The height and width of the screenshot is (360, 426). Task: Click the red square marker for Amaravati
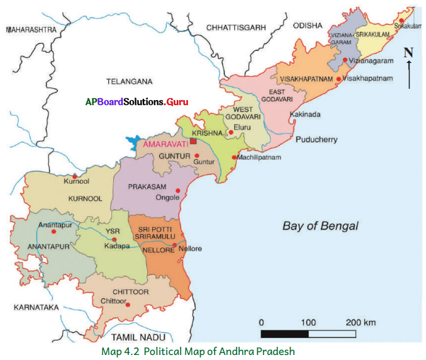coord(194,142)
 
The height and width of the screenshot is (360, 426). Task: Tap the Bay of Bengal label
coord(320,226)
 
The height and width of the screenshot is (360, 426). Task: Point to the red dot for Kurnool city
coord(76,176)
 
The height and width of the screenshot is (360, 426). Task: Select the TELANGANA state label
coord(128,82)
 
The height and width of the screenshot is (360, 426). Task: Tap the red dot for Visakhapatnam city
coord(339,79)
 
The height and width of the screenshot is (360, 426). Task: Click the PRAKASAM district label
coord(147,187)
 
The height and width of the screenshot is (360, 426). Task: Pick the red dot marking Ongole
coord(178,190)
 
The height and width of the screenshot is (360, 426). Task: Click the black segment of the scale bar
coord(284,334)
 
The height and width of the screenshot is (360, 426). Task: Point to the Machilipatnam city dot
coord(233,157)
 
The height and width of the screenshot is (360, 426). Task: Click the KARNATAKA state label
coord(30,307)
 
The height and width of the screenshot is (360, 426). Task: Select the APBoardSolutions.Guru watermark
coord(137,101)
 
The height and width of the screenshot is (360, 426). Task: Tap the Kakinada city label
coord(305,115)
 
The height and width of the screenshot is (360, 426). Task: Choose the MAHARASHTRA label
coord(30,29)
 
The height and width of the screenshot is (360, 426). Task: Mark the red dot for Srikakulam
coord(401,20)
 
